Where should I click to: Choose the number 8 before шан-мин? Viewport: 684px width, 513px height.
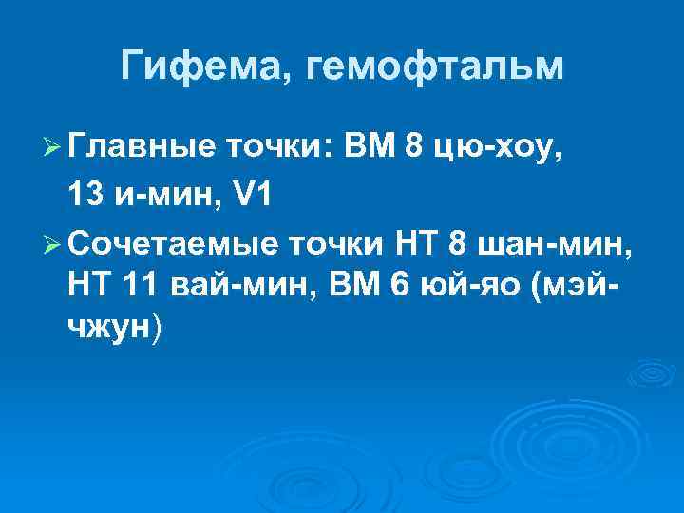[455, 244]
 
